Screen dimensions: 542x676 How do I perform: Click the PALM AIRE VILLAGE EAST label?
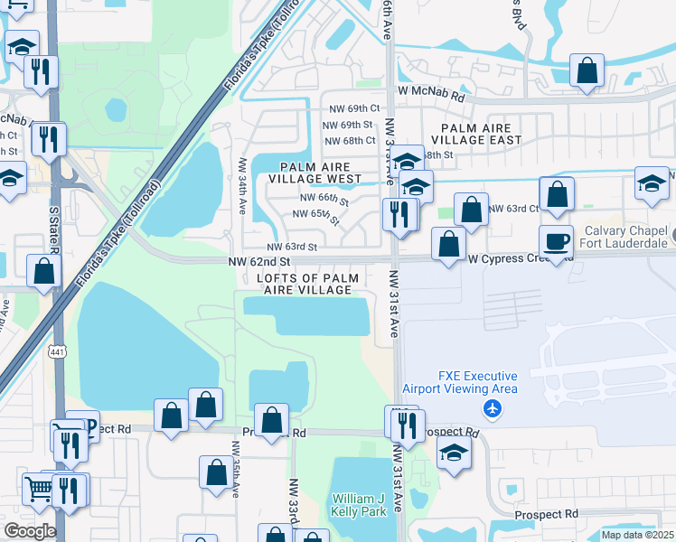[x=476, y=135]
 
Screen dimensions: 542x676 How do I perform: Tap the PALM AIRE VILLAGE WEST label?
[x=321, y=173]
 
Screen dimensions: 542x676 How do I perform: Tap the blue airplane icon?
[x=493, y=409]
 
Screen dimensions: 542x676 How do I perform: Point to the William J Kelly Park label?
[x=359, y=505]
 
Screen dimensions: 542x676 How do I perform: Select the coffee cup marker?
[x=556, y=242]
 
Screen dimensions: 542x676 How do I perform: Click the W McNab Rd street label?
[x=431, y=94]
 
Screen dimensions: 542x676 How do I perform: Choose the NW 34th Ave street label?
[x=242, y=185]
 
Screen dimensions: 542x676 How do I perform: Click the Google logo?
[x=30, y=531]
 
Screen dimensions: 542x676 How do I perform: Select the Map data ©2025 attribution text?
[x=637, y=535]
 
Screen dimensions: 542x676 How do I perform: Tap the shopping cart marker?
[x=39, y=490]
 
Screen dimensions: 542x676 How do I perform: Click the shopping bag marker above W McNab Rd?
[x=587, y=71]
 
